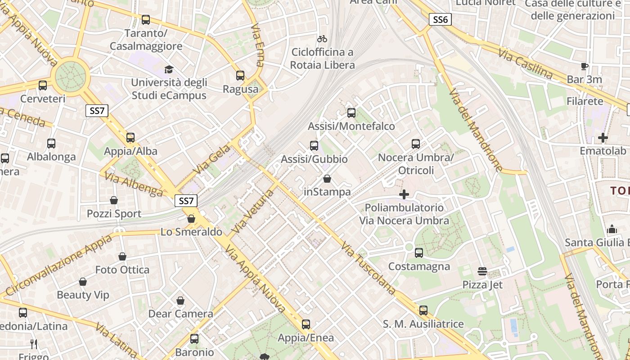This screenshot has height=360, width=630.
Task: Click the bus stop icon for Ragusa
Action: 240,75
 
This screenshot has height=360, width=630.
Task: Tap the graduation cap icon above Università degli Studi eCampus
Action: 169,69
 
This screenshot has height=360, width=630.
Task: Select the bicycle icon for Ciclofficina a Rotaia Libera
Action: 322,39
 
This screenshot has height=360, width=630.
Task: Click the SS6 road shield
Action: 440,19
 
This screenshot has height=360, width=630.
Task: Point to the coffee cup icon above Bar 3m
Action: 585,66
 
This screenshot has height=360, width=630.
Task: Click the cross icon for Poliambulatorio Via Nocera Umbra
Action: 404,194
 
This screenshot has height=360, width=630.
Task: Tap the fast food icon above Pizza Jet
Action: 482,271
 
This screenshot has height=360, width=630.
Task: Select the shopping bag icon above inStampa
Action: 327,179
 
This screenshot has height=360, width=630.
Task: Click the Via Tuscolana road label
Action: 368,268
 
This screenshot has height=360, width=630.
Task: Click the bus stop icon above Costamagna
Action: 419,252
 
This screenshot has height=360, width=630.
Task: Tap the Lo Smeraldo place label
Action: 192,232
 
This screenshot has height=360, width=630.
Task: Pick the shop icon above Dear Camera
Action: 180,300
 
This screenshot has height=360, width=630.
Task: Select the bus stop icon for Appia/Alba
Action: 130,137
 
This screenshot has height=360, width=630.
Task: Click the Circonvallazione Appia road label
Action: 59,265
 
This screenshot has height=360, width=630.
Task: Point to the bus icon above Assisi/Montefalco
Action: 351,112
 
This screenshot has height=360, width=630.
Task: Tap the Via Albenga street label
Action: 134,184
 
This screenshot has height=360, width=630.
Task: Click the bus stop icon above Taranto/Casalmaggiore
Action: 146,19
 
